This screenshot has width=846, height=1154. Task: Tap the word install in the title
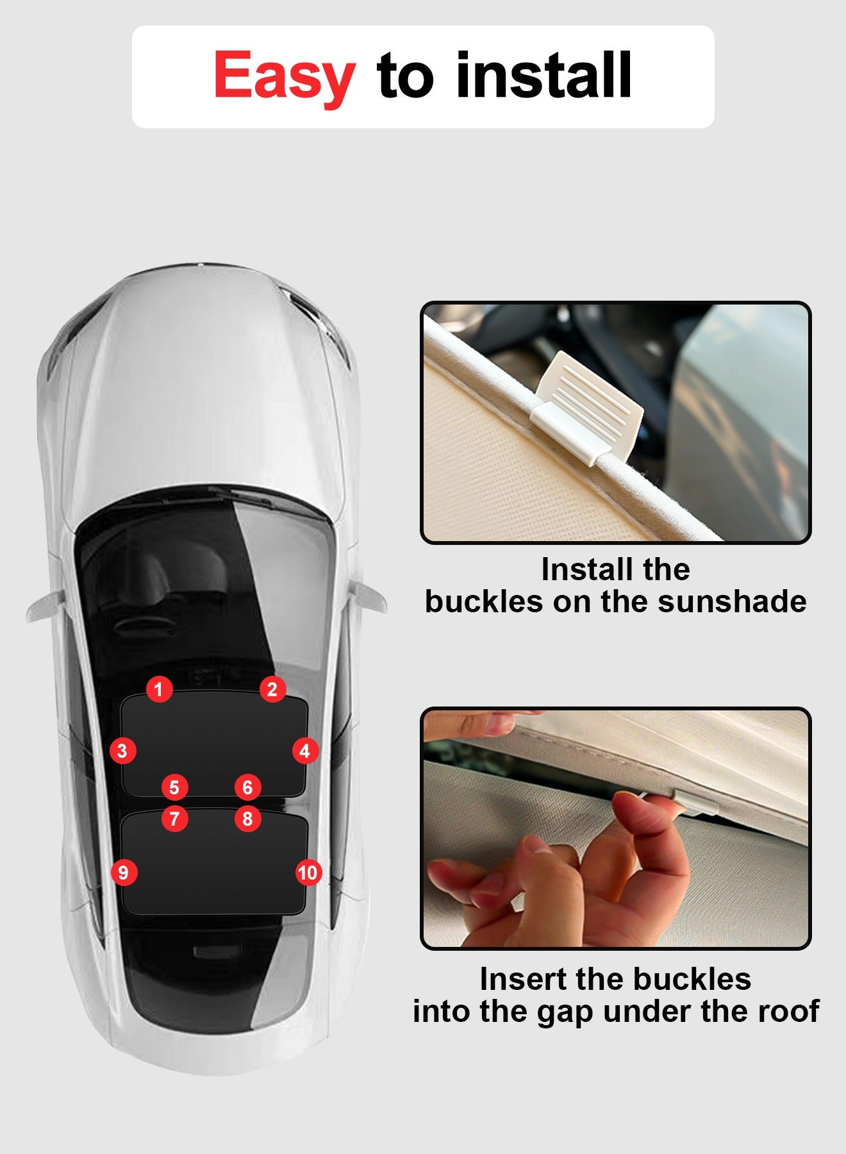click(x=543, y=75)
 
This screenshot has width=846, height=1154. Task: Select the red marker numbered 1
click(x=159, y=689)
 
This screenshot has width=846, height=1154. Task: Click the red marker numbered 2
click(x=272, y=689)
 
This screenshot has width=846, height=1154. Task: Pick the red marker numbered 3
click(x=122, y=751)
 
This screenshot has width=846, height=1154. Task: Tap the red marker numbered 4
click(x=305, y=751)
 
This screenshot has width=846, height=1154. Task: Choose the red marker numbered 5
click(x=174, y=787)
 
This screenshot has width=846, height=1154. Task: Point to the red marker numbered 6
click(x=248, y=787)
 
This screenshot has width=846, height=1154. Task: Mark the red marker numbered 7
click(x=174, y=819)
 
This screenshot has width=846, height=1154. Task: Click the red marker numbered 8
click(x=248, y=819)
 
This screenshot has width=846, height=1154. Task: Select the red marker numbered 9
click(x=124, y=873)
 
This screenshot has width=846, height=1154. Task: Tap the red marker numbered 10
click(x=308, y=873)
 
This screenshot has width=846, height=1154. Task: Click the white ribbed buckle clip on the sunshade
click(x=586, y=407)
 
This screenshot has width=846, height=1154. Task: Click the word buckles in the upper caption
click(x=484, y=602)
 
